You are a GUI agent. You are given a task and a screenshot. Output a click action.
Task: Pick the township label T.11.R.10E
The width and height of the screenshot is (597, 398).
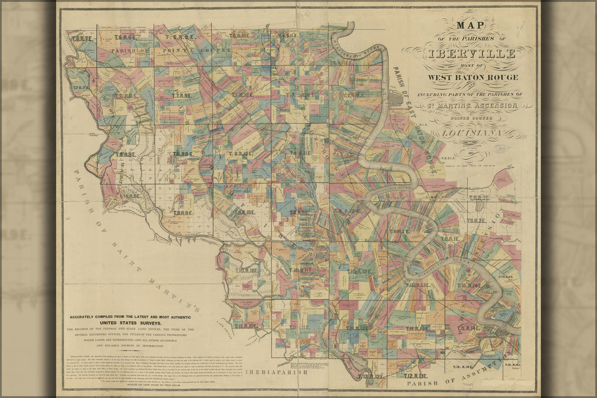(245, 326)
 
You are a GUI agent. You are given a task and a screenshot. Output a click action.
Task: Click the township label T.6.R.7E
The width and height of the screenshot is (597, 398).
(82, 39)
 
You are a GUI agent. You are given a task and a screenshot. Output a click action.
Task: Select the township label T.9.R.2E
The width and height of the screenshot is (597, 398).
(476, 221)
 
